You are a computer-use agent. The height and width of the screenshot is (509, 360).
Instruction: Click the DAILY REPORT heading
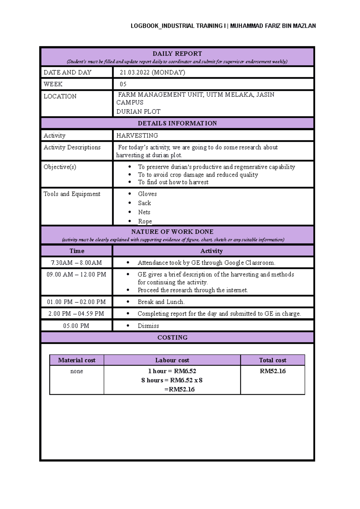(177, 54)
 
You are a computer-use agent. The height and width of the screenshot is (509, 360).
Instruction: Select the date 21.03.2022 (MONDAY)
(152, 72)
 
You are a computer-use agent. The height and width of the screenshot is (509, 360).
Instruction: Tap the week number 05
(123, 84)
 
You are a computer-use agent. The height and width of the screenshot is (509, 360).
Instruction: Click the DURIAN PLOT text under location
(138, 112)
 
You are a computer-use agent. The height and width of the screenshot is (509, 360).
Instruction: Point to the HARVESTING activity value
(137, 135)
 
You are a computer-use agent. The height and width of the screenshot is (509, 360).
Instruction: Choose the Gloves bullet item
(147, 194)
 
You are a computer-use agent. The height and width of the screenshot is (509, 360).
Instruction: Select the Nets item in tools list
(144, 212)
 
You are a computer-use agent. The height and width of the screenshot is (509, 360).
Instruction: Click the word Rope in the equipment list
(145, 221)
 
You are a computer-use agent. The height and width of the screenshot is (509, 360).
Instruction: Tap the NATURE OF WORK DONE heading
(172, 232)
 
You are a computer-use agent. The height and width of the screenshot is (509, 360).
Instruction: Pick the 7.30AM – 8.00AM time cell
(76, 263)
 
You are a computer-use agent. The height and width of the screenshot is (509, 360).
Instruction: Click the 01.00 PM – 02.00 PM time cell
(76, 302)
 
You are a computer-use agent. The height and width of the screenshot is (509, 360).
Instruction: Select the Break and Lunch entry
(161, 302)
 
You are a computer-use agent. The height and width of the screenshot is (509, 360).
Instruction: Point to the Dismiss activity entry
(148, 326)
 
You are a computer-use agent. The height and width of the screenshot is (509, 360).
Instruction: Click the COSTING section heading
(172, 338)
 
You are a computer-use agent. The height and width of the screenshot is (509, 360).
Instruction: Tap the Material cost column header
(76, 360)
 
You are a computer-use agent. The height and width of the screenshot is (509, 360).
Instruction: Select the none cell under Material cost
(76, 371)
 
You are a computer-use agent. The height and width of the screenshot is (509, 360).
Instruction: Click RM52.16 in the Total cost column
(272, 371)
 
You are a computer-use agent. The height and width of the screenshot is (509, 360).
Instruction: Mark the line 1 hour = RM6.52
(172, 371)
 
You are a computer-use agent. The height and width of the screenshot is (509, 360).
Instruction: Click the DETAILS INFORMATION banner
(177, 123)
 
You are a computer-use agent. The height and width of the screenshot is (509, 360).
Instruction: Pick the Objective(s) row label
(60, 167)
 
